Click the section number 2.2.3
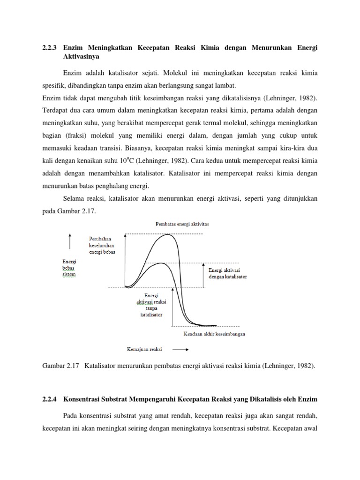pos(50,48)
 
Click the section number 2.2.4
pos(50,399)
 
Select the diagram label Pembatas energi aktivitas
pos(182,224)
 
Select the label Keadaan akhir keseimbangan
pos(213,334)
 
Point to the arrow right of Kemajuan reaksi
pos(180,349)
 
